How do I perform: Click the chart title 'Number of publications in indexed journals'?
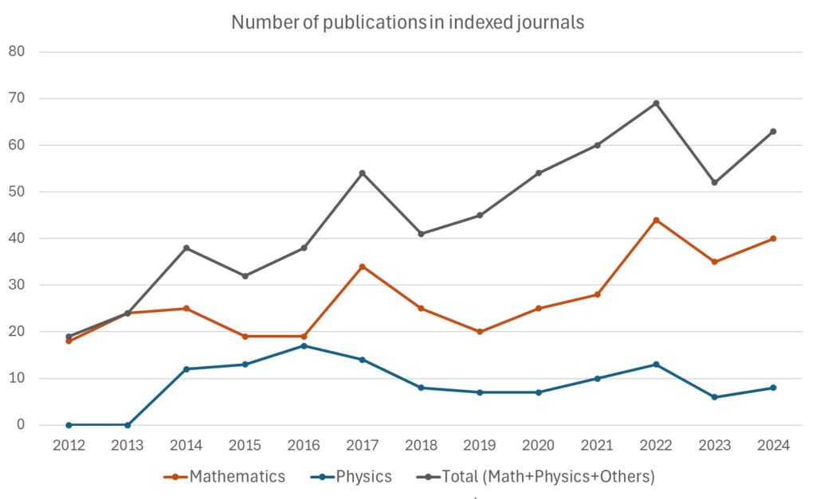tap(407, 22)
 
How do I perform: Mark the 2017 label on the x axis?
tap(363, 446)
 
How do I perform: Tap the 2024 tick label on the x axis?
tap(773, 446)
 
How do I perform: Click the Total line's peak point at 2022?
tap(656, 103)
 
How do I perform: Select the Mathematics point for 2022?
tap(656, 220)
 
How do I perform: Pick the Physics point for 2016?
tap(304, 345)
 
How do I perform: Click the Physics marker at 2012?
tap(69, 425)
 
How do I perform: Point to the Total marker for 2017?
tap(363, 173)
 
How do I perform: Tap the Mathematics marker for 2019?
tap(480, 332)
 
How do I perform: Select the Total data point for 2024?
tap(773, 131)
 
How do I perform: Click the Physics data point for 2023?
tap(714, 397)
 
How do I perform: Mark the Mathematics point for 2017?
tap(363, 267)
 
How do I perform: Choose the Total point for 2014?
tap(186, 248)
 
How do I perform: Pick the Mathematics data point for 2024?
tap(773, 239)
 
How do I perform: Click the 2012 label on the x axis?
tap(69, 446)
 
